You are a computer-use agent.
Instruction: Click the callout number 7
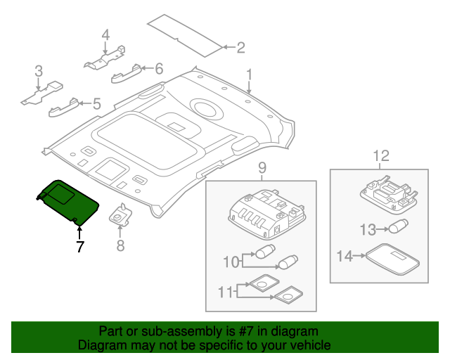pos(79,247)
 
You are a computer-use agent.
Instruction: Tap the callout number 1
pos(248,74)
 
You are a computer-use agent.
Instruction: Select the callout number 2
pos(240,48)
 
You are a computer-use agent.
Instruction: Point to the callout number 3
pos(39,70)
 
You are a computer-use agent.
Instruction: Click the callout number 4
pos(105,35)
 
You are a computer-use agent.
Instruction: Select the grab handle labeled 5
pos(64,107)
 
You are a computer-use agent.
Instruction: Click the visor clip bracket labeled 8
pos(120,215)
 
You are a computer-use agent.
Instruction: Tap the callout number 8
pos(120,245)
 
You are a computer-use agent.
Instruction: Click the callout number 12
pos(380,155)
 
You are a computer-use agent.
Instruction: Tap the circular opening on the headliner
pos(204,108)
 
